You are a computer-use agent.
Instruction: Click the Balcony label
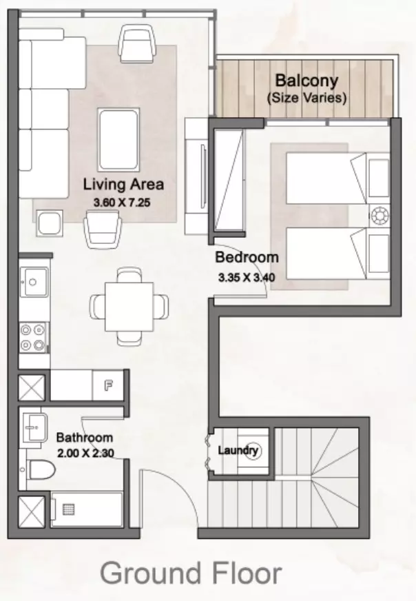tap(306, 81)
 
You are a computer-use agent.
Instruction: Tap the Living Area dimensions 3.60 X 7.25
tap(122, 203)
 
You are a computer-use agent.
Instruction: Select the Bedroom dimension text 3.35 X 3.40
tap(247, 277)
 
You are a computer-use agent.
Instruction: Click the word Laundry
tap(238, 449)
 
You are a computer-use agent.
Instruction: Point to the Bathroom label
tap(84, 438)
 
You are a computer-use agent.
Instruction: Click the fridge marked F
tap(108, 385)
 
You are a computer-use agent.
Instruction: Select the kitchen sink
tap(34, 282)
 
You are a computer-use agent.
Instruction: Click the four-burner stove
tap(33, 337)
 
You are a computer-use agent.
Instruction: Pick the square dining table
tap(129, 307)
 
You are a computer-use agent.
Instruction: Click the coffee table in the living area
tap(118, 139)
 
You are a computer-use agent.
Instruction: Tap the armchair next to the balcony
tap(138, 43)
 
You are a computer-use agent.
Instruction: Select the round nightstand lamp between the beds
tap(379, 215)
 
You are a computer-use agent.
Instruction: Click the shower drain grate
tap(69, 509)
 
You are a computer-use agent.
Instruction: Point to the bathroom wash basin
tap(34, 427)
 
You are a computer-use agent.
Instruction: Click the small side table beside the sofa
tap(50, 223)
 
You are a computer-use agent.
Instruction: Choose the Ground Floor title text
tap(191, 573)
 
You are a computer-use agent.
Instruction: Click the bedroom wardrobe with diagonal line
tap(228, 180)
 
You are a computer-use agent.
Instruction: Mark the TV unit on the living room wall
tap(196, 176)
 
